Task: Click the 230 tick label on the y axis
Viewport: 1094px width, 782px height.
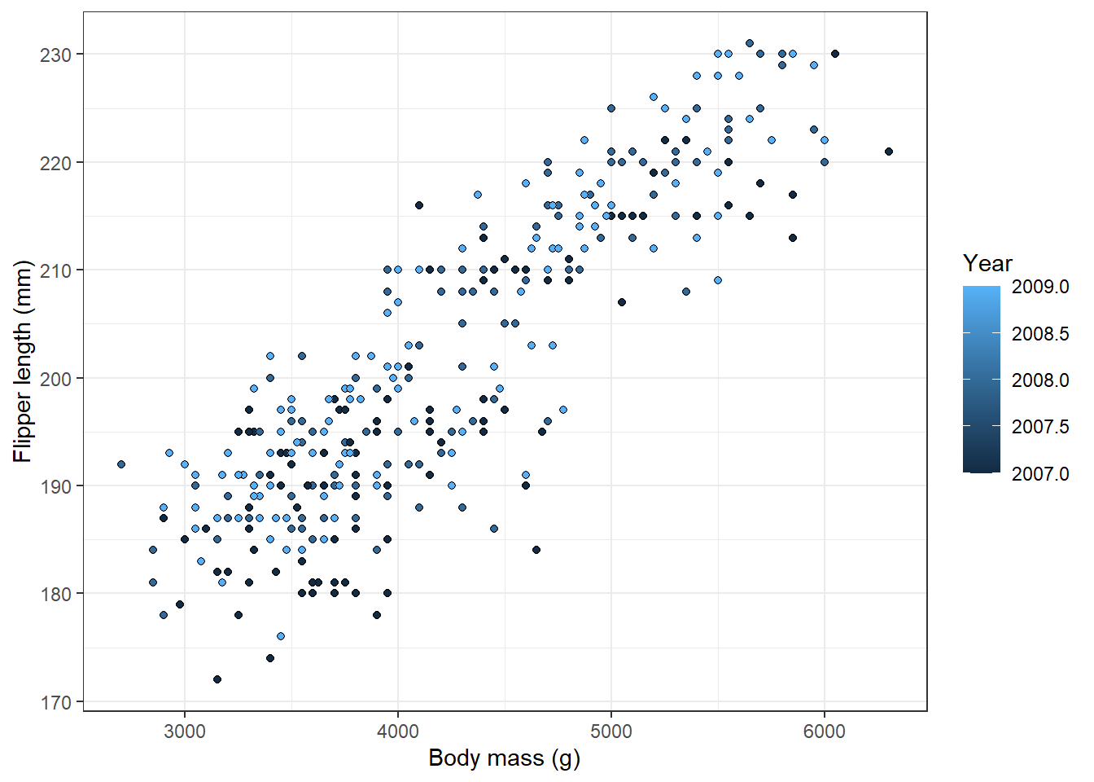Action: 56,55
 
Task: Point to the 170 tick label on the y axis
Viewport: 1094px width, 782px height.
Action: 56,701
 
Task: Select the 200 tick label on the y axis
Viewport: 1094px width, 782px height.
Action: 56,378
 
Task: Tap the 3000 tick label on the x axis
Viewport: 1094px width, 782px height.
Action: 185,731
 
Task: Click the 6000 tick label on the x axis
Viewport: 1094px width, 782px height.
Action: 825,731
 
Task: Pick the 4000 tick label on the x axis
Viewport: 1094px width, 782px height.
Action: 398,731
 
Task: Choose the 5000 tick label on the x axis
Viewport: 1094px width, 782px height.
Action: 611,731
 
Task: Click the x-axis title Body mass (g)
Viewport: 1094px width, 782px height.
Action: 504,758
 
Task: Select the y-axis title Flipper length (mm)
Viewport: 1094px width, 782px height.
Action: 22,361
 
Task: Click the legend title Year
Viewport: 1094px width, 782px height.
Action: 987,263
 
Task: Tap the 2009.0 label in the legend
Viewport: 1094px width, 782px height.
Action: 1040,287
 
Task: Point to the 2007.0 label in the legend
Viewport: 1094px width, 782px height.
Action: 1040,474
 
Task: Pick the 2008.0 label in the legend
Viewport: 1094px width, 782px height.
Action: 1040,380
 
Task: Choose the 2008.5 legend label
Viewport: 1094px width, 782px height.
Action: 1040,333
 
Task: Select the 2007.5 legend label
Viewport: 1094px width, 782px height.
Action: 1040,427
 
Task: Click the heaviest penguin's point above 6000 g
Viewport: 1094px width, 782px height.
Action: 889,152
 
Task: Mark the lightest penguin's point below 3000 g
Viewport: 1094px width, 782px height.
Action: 121,464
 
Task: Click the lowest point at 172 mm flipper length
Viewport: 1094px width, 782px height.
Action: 217,679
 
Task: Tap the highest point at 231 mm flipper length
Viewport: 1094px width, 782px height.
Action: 750,44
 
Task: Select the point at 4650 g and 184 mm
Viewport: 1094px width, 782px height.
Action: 536,550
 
